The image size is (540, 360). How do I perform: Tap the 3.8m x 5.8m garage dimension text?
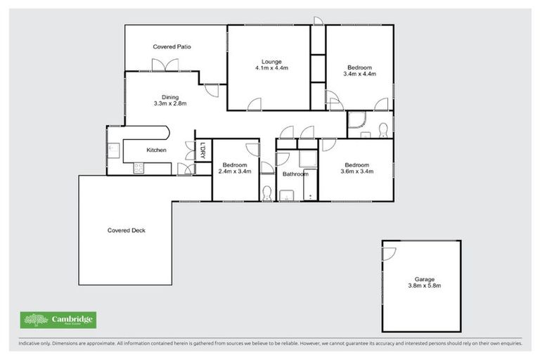point(425,286)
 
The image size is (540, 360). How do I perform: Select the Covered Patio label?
point(172,46)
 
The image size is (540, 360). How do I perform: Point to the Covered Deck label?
point(127,230)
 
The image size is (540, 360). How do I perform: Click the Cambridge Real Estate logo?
point(58,320)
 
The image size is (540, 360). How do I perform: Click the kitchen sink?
point(113,148)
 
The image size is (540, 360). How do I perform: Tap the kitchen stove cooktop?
point(139,168)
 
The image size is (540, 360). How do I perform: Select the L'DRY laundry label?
point(202,150)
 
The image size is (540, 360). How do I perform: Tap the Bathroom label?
point(295,174)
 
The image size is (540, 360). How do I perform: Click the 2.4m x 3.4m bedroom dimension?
point(235,171)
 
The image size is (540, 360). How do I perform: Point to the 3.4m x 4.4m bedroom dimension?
point(360,74)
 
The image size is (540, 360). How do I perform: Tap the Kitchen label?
point(156,150)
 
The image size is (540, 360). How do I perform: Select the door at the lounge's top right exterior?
point(318,20)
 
